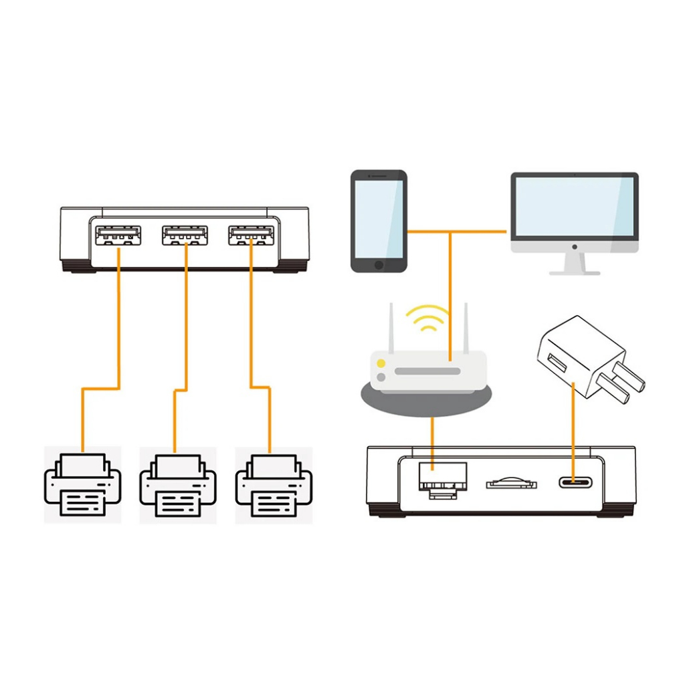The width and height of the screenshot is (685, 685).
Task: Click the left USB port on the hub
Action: pyautogui.click(x=118, y=235)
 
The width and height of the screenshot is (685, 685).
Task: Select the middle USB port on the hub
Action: pyautogui.click(x=185, y=235)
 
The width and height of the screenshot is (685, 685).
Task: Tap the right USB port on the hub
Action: pyautogui.click(x=252, y=235)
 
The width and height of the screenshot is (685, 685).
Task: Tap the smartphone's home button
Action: pyautogui.click(x=379, y=265)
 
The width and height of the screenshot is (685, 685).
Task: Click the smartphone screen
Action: pyautogui.click(x=379, y=218)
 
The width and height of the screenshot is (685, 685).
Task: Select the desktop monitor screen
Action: pyautogui.click(x=574, y=207)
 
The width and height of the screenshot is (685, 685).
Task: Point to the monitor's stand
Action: pyautogui.click(x=574, y=263)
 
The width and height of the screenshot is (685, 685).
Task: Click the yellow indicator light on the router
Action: pyautogui.click(x=381, y=363)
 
